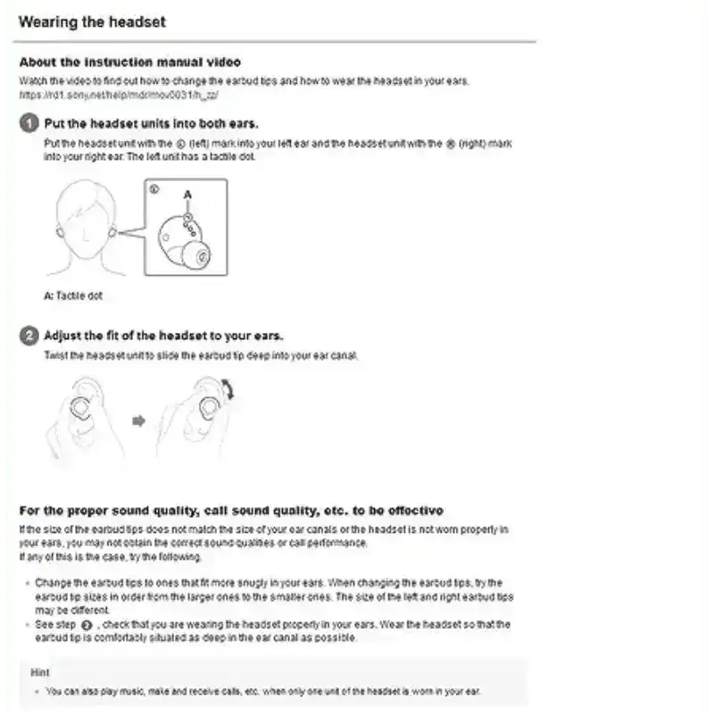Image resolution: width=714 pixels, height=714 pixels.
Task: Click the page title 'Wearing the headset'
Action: pyautogui.click(x=92, y=21)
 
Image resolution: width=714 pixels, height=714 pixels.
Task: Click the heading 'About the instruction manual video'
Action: pyautogui.click(x=129, y=62)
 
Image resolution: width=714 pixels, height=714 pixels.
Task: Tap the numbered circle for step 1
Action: pyautogui.click(x=29, y=123)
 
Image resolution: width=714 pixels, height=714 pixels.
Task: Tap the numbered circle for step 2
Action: pyautogui.click(x=29, y=336)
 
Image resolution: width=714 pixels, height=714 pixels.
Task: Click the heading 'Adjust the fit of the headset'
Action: pyautogui.click(x=163, y=336)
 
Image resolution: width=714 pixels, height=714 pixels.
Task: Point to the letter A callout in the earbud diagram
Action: pyautogui.click(x=187, y=195)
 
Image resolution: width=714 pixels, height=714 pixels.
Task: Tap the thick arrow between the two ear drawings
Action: pyautogui.click(x=137, y=420)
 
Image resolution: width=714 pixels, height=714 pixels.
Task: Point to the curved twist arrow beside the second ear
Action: pyautogui.click(x=228, y=390)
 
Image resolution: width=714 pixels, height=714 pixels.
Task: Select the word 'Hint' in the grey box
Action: pyautogui.click(x=39, y=672)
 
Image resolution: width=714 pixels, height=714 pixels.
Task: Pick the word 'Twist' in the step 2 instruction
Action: pyautogui.click(x=55, y=355)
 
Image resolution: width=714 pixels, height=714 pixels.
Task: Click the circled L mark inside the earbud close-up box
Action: pyautogui.click(x=154, y=189)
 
